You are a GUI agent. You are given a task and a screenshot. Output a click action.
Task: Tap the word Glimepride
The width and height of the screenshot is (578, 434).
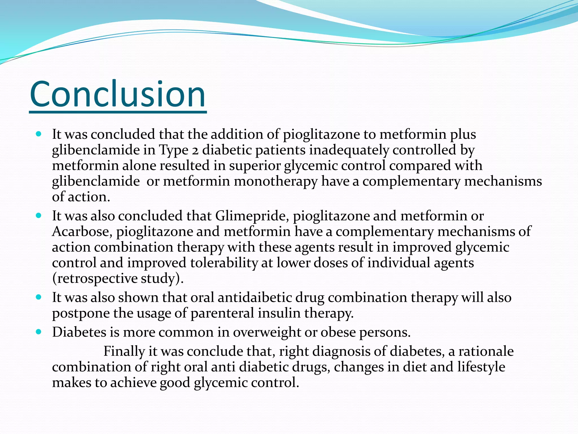coord(252,216)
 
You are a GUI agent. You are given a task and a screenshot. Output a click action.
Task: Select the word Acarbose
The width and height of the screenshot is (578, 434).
coord(82,232)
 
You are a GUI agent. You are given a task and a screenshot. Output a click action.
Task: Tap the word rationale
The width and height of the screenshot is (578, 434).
coord(486,351)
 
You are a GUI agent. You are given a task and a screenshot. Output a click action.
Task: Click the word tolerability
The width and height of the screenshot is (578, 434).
coord(224,263)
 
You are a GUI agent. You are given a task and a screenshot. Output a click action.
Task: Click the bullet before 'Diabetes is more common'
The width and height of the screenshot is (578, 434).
coord(39,332)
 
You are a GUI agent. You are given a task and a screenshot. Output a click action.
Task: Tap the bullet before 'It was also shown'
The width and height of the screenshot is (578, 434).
coord(39,297)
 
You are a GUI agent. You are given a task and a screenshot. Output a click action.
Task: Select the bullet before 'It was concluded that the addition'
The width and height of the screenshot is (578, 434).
coord(39,134)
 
